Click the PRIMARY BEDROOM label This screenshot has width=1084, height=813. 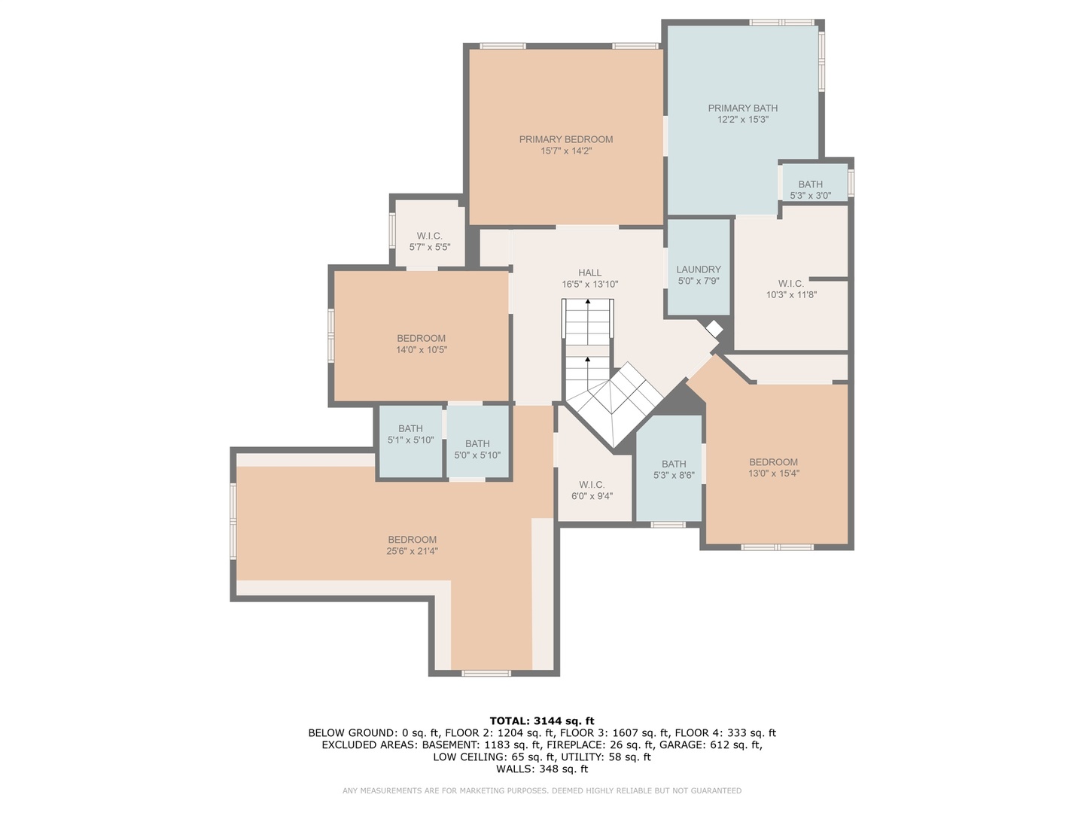[565, 139]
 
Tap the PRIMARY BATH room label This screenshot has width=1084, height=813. [742, 108]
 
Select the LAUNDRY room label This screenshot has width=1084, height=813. [698, 269]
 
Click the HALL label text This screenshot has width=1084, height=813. [589, 273]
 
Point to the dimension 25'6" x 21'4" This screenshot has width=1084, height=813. [412, 551]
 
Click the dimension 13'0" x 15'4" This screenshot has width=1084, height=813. [773, 473]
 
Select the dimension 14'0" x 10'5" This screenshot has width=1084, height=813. [421, 350]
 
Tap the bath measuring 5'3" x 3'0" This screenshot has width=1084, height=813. [810, 190]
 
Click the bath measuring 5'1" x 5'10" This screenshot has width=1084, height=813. [410, 434]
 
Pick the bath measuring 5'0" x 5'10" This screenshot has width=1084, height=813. [477, 449]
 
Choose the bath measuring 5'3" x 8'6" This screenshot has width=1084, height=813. [674, 470]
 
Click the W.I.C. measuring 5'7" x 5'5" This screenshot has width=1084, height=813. [429, 242]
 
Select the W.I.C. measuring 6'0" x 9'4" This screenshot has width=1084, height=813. [592, 490]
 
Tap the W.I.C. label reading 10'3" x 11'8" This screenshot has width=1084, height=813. [790, 289]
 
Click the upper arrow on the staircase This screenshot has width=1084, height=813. [588, 303]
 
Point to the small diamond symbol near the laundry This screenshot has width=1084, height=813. [713, 330]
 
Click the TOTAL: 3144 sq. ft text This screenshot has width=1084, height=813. [541, 721]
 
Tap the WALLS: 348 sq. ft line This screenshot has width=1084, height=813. [541, 769]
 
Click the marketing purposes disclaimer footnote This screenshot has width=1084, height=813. [541, 790]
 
